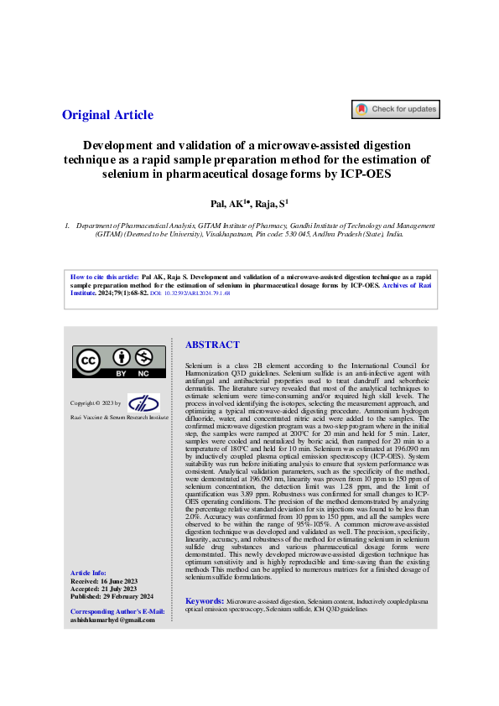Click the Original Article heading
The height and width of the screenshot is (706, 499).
tap(107, 116)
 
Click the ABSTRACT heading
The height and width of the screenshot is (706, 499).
tap(212, 345)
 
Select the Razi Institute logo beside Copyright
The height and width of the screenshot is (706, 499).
tap(143, 402)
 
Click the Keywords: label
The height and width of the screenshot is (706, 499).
tap(204, 601)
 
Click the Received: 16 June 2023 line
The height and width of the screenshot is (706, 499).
tap(103, 580)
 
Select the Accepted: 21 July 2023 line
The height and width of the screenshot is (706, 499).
tap(103, 589)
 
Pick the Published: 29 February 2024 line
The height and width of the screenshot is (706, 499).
tap(112, 596)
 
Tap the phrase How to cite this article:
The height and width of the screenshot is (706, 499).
tap(105, 276)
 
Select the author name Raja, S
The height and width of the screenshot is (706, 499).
tap(271, 203)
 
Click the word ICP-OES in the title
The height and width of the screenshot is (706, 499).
tap(366, 174)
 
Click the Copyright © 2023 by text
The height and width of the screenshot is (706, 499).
tap(95, 403)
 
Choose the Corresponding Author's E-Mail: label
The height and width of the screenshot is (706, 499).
tap(117, 612)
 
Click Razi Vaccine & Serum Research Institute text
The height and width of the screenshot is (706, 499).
tap(113, 417)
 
